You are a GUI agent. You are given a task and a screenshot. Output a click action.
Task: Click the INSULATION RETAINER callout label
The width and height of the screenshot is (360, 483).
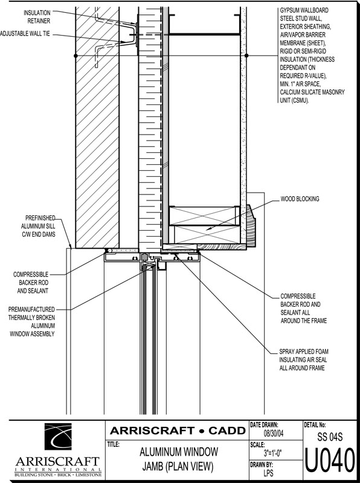[x=37, y=17]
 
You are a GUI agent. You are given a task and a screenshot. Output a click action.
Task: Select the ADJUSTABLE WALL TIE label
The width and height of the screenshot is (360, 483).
[x=25, y=34]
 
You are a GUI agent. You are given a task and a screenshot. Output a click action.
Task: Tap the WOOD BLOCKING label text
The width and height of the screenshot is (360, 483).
[x=300, y=199]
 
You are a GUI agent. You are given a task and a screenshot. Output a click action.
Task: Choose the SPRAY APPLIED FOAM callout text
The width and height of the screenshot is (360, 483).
[x=304, y=359]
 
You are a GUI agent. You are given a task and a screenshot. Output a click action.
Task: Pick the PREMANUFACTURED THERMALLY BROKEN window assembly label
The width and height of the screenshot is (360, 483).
[x=32, y=322]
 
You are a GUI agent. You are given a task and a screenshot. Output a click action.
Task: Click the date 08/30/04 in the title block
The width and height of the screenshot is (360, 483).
[x=274, y=433]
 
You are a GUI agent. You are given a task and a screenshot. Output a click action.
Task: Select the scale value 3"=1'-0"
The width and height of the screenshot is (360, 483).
[x=273, y=453]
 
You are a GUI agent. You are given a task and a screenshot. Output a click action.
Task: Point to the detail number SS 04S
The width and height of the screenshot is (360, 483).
[x=330, y=437]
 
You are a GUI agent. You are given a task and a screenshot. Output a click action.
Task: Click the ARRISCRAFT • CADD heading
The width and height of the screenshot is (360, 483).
[x=178, y=430]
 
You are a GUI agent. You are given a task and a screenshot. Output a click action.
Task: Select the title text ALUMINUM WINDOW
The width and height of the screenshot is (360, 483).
[x=179, y=452]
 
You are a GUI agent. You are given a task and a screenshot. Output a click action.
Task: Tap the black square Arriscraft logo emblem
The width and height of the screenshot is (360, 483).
[x=58, y=436]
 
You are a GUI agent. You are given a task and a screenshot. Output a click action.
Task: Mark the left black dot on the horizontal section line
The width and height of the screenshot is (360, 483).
[x=76, y=56]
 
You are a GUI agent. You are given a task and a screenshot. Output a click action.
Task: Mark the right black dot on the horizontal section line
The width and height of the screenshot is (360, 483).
[x=246, y=56]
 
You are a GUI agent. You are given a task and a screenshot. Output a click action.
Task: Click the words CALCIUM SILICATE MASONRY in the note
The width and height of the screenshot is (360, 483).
[x=312, y=92]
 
